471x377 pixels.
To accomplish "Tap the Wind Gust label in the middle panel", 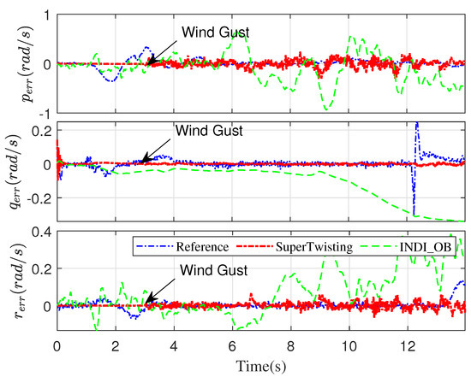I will [209, 132].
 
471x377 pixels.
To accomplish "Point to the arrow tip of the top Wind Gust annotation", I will [146, 63].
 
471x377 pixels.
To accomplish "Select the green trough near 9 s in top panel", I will [325, 109].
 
